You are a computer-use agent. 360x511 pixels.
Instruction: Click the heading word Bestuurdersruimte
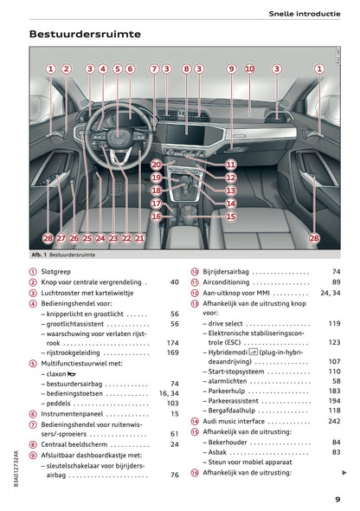click(85, 35)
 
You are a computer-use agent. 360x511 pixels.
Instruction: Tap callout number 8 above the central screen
click(186, 68)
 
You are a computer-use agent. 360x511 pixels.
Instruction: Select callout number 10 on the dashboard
click(249, 68)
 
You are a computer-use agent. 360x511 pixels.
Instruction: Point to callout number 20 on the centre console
click(156, 164)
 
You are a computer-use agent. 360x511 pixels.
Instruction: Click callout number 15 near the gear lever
click(231, 217)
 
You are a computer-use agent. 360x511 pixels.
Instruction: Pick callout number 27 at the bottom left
click(61, 237)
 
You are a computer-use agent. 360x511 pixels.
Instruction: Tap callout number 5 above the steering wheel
click(117, 68)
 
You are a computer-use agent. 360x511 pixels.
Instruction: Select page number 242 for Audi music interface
click(334, 421)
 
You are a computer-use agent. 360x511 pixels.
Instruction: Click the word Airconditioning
click(228, 282)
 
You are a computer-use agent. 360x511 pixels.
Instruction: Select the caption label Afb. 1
click(38, 255)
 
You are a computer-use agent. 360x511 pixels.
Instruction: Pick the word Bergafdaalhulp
click(236, 410)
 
